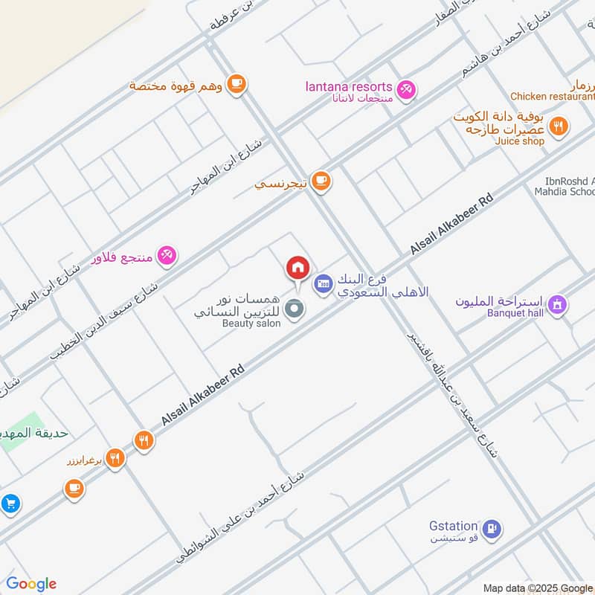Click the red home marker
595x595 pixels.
point(297,267)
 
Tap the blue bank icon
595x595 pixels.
point(322,283)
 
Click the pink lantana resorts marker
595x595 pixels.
point(405,90)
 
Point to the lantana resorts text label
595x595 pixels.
point(348,87)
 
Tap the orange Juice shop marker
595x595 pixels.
point(559,125)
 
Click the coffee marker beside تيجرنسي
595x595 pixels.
point(321,181)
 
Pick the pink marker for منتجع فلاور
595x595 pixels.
point(167,256)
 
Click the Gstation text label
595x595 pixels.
point(453,526)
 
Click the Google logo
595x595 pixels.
point(31,584)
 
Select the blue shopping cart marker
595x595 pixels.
point(10,504)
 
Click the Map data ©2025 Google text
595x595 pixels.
point(537,588)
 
